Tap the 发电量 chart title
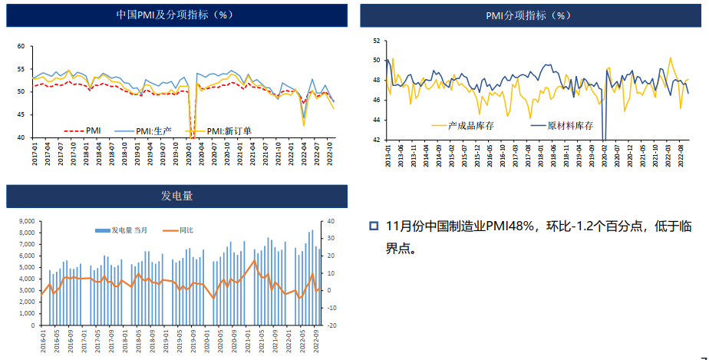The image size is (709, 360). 176,197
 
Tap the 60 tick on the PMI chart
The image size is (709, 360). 22,46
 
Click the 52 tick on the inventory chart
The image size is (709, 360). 376,40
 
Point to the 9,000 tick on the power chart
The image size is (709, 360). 26,222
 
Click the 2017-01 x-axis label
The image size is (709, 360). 36,152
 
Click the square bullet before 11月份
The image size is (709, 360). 374,226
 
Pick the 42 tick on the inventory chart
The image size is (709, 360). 376,140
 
